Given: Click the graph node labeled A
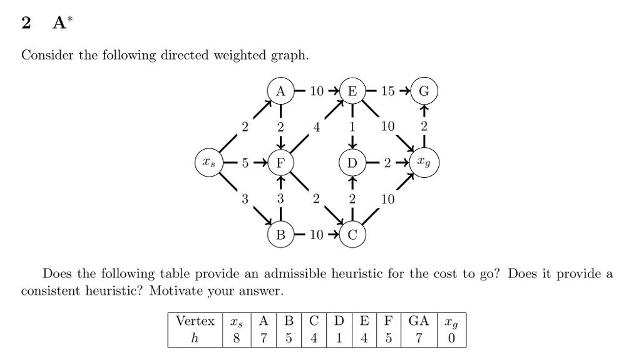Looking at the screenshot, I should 280,91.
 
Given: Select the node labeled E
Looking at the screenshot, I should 352,91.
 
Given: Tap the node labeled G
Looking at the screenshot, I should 424,91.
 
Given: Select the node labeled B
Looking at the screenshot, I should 280,235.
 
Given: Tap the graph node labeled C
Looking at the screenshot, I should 352,235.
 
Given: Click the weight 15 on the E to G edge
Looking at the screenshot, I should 388,91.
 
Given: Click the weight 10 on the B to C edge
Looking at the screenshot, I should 316,235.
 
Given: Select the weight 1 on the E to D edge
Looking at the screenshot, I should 352,126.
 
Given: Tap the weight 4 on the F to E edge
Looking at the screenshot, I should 317,126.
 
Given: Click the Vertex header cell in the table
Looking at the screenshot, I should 195,322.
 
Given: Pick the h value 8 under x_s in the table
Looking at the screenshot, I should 235,338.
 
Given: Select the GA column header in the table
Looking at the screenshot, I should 418,322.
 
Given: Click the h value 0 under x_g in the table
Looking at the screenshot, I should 451,338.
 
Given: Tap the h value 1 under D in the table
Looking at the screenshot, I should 339,338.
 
